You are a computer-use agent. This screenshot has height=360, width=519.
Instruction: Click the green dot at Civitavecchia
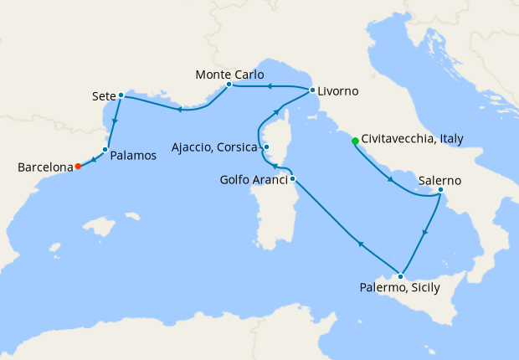(x=355, y=141)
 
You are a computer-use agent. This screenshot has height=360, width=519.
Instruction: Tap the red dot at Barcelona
(x=78, y=166)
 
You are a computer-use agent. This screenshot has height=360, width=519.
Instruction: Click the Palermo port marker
(x=402, y=276)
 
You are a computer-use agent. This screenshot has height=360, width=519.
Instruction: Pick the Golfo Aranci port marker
(x=292, y=178)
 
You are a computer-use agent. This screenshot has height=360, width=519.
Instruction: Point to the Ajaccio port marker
(x=266, y=148)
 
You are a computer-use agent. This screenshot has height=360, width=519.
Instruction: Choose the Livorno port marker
(x=312, y=90)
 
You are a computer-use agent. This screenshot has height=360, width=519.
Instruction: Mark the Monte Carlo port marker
(x=229, y=85)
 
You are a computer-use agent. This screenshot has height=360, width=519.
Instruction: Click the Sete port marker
(x=121, y=95)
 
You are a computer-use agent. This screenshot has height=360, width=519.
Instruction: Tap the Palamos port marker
(x=105, y=150)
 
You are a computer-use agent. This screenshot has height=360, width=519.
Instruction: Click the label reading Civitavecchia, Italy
(x=413, y=140)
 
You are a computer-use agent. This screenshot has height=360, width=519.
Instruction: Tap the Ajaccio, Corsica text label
(x=214, y=148)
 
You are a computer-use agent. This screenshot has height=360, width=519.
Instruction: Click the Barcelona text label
(x=44, y=167)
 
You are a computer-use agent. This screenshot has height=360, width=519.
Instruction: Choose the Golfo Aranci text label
(x=254, y=179)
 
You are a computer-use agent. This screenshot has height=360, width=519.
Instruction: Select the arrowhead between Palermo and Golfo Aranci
(x=361, y=244)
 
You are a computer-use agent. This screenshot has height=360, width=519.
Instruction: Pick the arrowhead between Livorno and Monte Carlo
(x=270, y=86)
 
